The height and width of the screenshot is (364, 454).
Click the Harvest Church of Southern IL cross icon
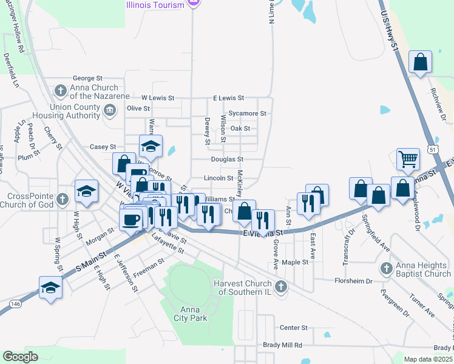pyautogui.click(x=280, y=286)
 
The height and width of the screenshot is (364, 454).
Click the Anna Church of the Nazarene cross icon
pyautogui.click(x=60, y=92)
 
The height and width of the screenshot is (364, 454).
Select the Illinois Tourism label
pyautogui.click(x=155, y=5)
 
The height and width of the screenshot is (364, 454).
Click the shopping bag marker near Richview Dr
pyautogui.click(x=420, y=62)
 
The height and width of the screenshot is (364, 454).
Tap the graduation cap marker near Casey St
pyautogui.click(x=151, y=146)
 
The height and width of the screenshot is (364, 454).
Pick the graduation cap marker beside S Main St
pyautogui.click(x=50, y=287)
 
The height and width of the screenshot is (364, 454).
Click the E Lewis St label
pyautogui.click(x=228, y=98)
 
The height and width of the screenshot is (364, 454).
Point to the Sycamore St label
pyautogui.click(x=248, y=113)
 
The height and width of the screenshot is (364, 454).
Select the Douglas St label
pyautogui.click(x=227, y=159)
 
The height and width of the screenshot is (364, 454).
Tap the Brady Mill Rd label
pyautogui.click(x=282, y=345)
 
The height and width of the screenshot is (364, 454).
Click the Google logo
pyautogui.click(x=21, y=357)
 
